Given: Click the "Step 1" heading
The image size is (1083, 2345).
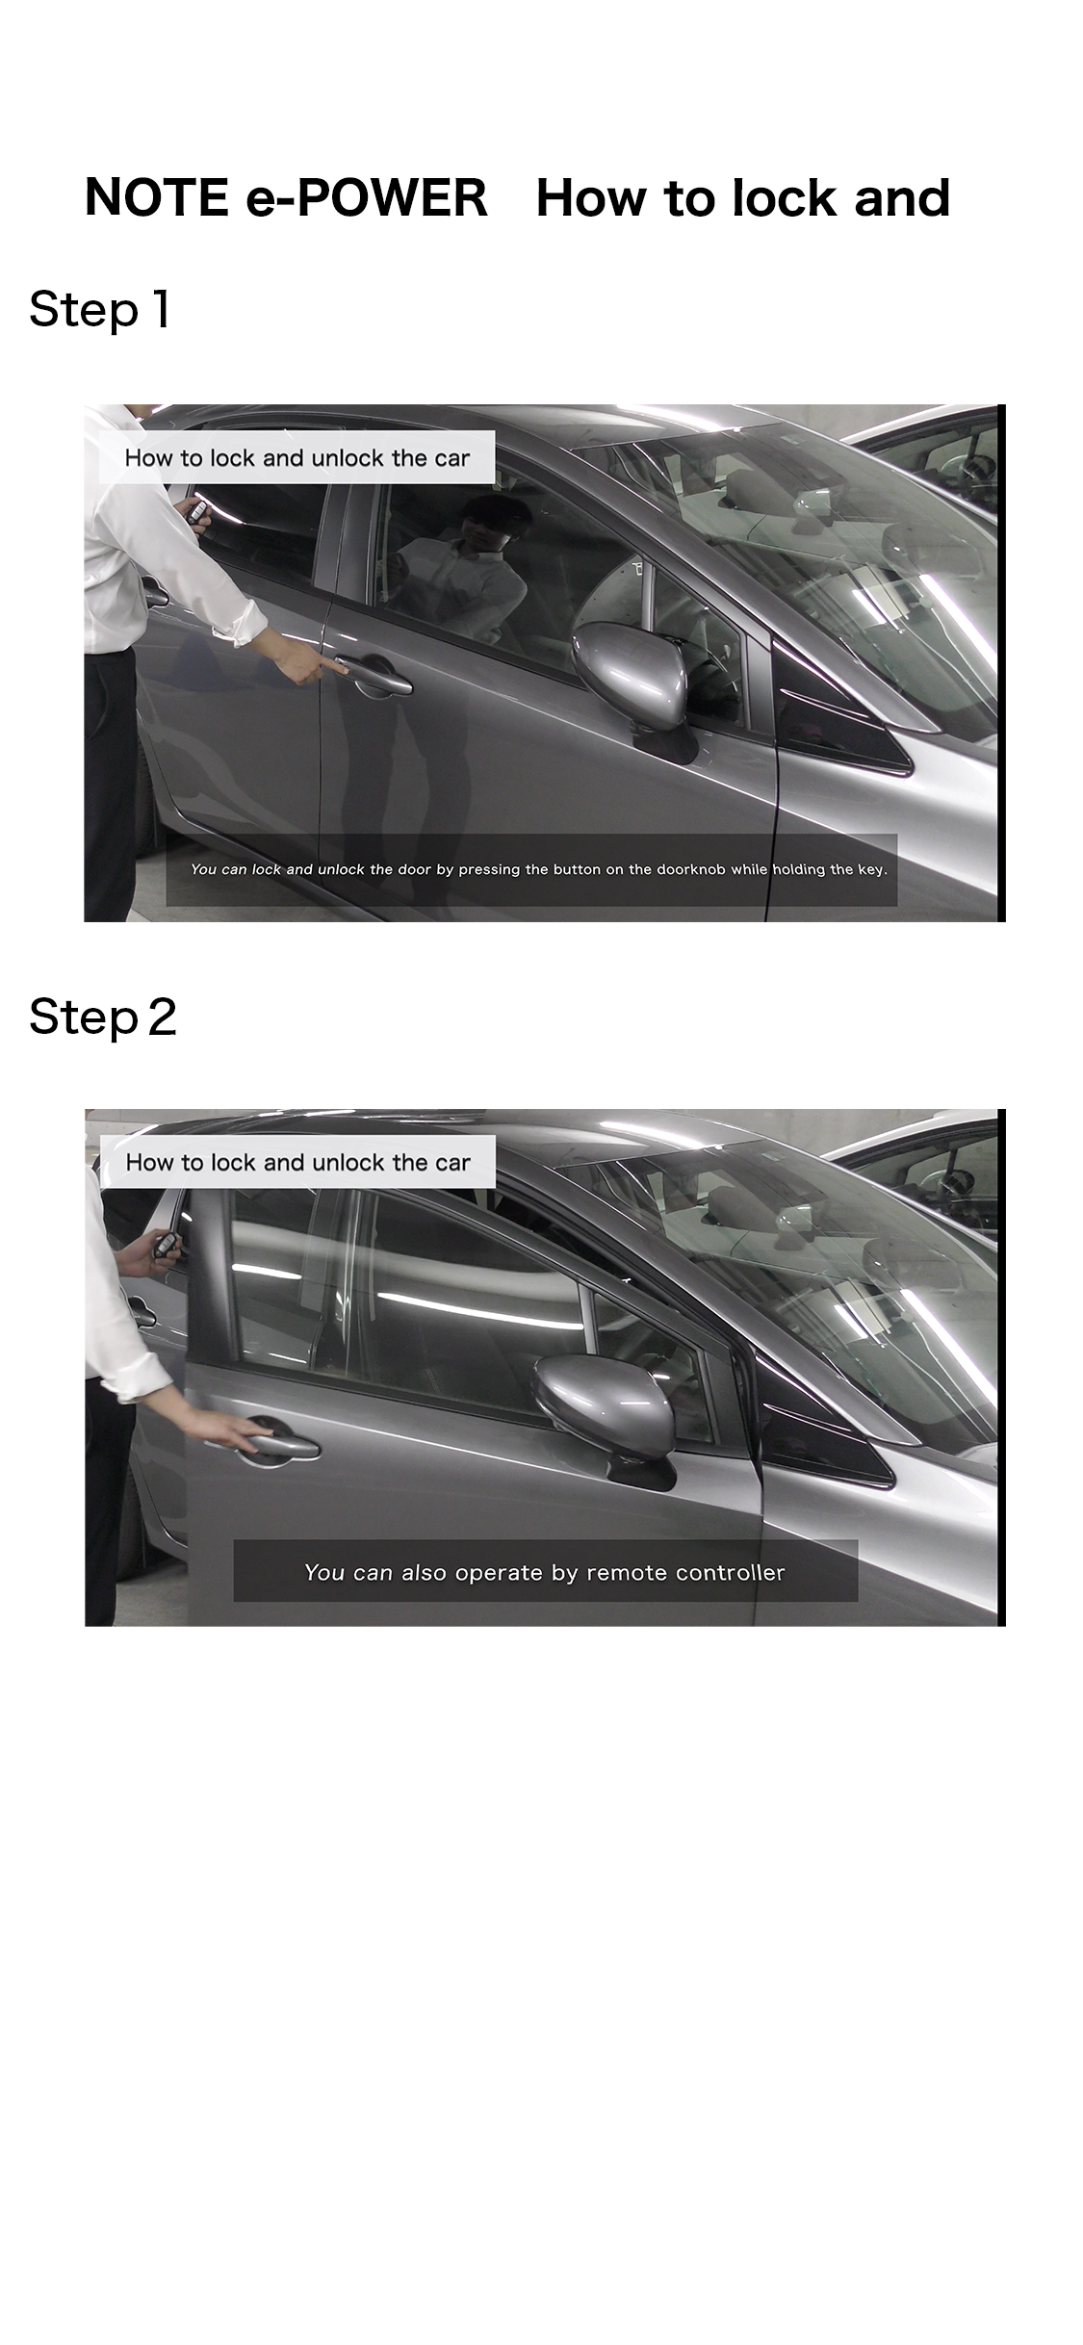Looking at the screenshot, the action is (100, 310).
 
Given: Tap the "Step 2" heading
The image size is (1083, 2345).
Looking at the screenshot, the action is (103, 1018).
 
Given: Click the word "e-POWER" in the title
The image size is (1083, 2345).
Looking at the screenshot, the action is (367, 197).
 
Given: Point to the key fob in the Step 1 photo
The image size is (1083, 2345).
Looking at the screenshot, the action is (197, 512).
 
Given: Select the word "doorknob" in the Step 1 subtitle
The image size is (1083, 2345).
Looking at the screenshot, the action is (691, 869).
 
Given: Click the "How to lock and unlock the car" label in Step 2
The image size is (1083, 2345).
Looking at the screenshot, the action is (297, 1162).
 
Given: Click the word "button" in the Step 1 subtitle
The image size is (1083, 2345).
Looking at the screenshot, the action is (577, 869).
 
